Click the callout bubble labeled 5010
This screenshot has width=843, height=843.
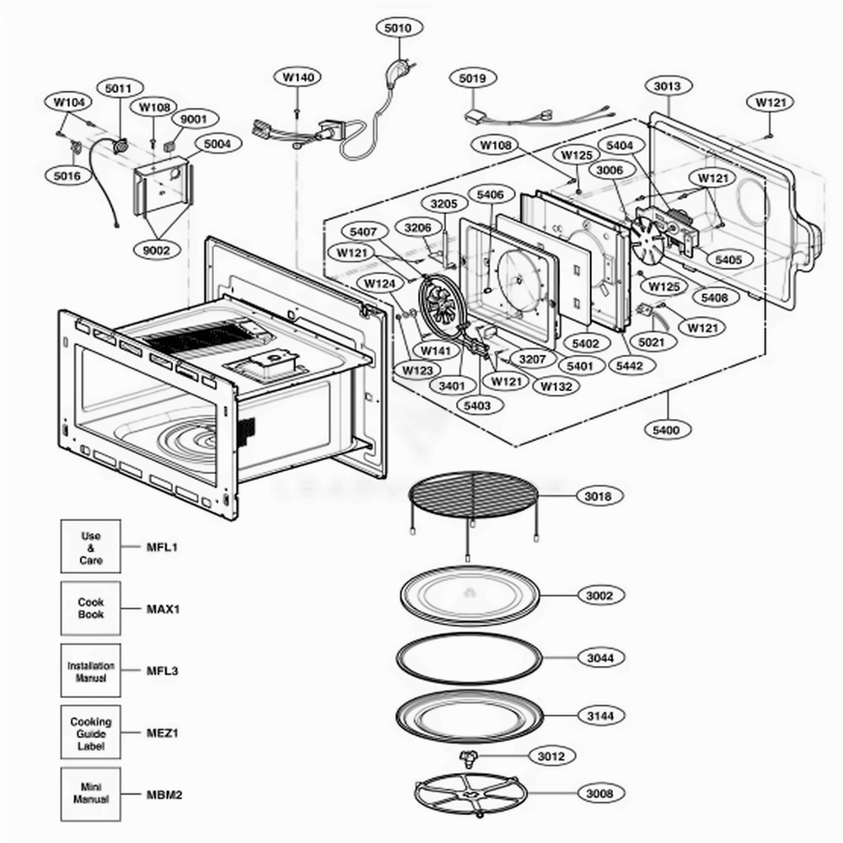click(397, 28)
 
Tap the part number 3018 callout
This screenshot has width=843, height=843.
click(599, 497)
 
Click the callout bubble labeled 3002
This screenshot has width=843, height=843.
click(599, 595)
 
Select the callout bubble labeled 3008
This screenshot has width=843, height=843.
click(599, 792)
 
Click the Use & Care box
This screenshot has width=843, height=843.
click(90, 547)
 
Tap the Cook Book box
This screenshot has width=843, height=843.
click(90, 609)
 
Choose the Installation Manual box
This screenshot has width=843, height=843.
click(90, 671)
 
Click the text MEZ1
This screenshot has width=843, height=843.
click(163, 733)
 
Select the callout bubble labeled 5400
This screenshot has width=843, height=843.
click(665, 430)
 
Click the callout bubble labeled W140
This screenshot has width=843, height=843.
click(298, 77)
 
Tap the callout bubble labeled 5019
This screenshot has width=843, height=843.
click(472, 78)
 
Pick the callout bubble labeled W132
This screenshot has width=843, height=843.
click(556, 386)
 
